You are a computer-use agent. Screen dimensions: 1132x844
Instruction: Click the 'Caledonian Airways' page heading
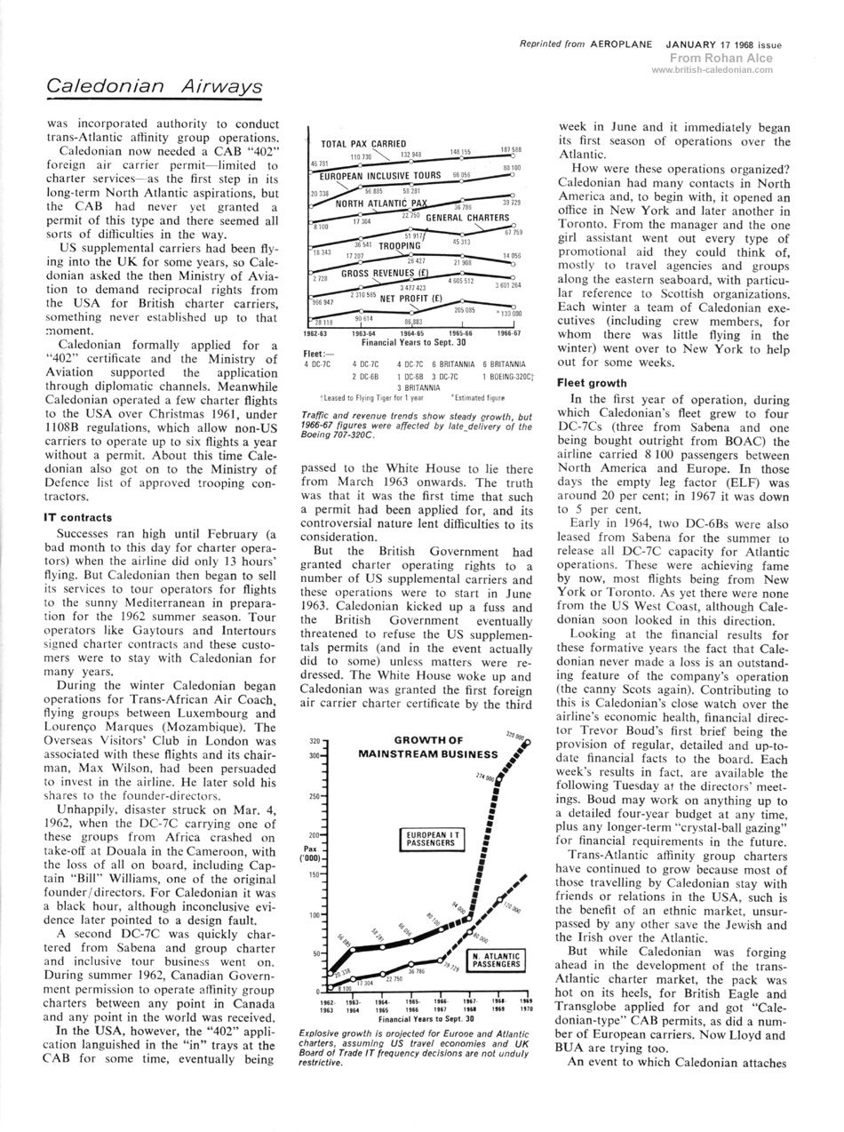point(155,86)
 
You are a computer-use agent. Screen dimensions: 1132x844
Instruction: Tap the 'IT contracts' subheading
point(78,516)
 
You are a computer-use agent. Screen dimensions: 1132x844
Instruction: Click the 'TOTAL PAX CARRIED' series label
point(363,144)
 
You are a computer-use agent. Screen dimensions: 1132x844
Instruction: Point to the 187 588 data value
point(510,150)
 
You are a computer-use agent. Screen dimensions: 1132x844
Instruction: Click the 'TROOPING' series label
point(398,245)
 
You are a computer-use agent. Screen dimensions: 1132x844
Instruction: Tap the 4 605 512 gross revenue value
point(461,281)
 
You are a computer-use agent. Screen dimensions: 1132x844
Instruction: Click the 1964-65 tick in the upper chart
point(413,333)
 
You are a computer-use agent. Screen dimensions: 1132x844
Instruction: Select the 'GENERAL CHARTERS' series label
point(467,218)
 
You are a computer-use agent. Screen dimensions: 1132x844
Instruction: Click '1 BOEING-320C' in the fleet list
point(506,376)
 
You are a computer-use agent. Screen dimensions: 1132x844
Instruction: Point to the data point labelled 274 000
point(498,783)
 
